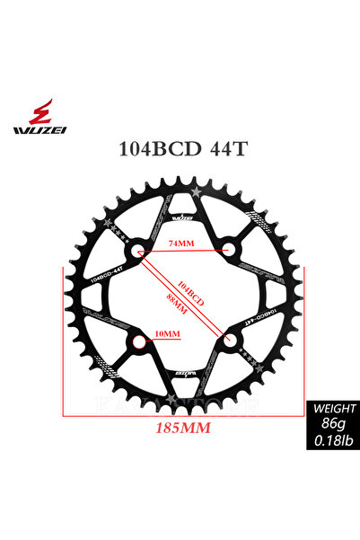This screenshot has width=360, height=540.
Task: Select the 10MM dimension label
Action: point(168,334)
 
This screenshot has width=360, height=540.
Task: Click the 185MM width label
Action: point(183,429)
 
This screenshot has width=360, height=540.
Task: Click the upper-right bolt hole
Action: point(231,247)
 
